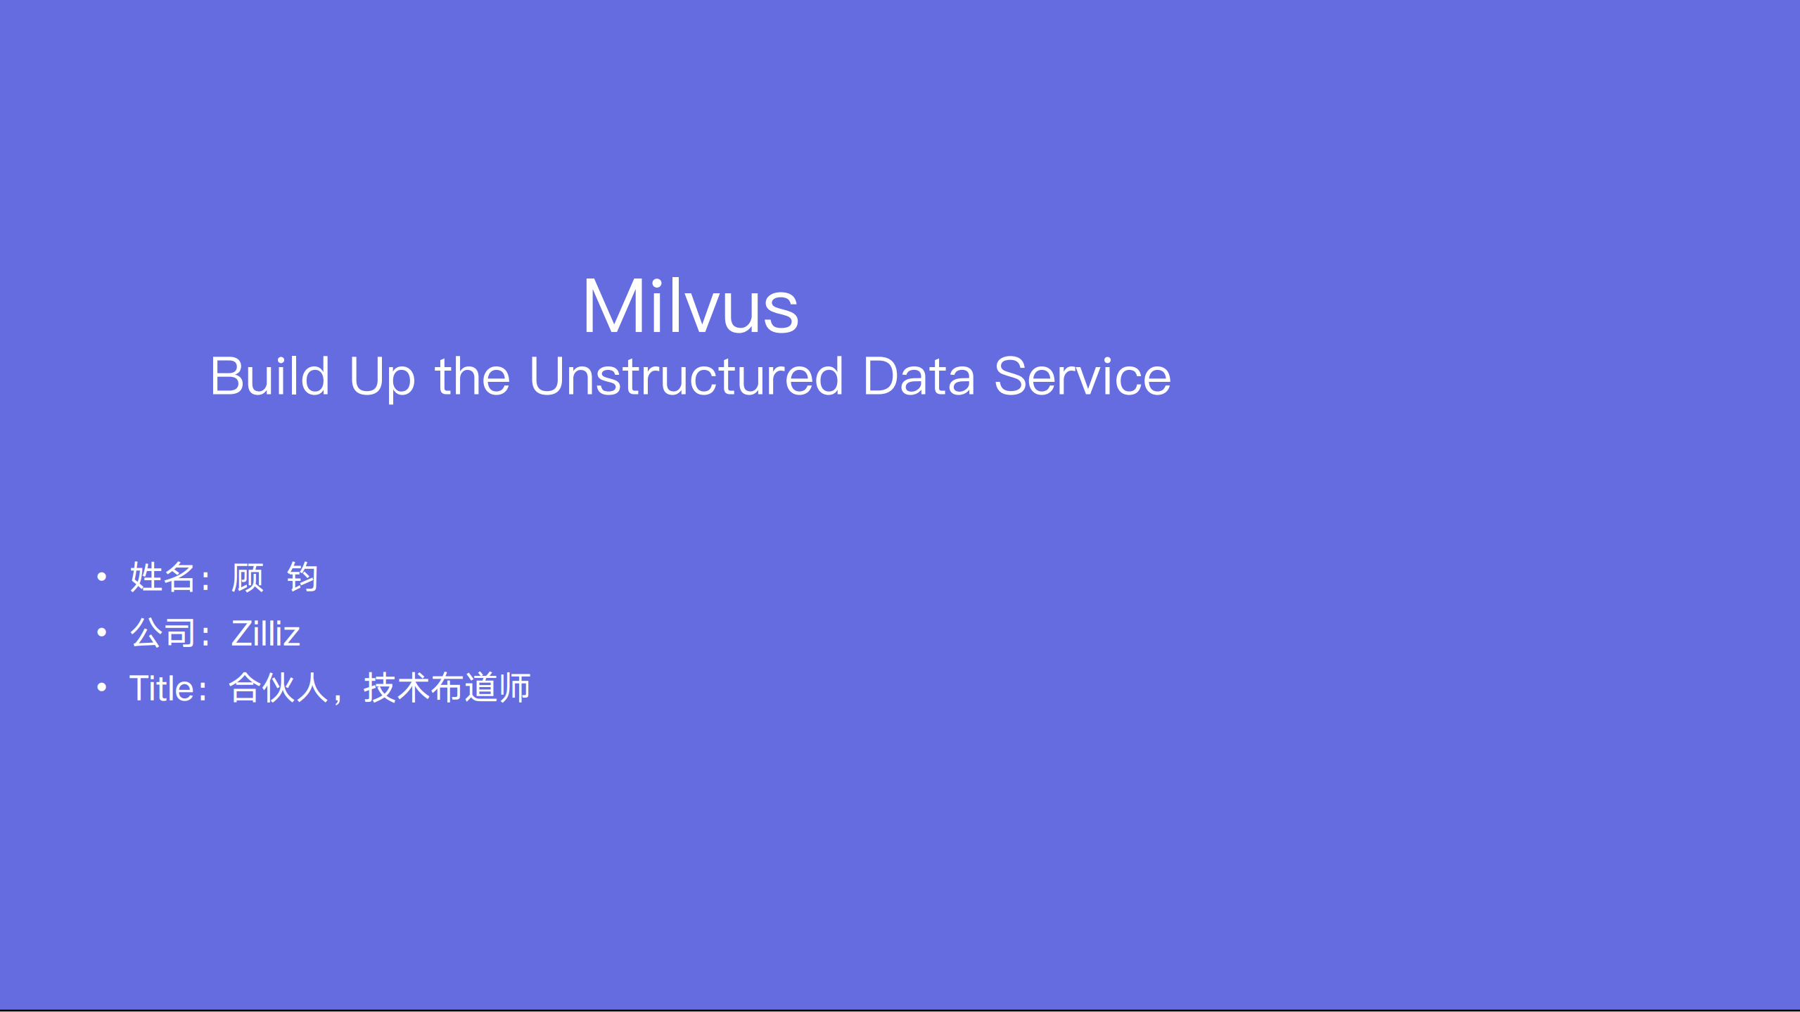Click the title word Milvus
pyautogui.click(x=691, y=307)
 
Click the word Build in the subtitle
pyautogui.click(x=270, y=377)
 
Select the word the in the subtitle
pyautogui.click(x=472, y=377)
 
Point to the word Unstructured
pyautogui.click(x=686, y=377)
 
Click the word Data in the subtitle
pyautogui.click(x=919, y=377)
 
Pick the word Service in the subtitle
pyautogui.click(x=1083, y=377)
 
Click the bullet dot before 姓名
pyautogui.click(x=102, y=577)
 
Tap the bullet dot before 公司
pyautogui.click(x=102, y=633)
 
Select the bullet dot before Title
pyautogui.click(x=102, y=687)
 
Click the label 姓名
pyautogui.click(x=162, y=577)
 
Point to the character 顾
pyautogui.click(x=248, y=578)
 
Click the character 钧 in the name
pyautogui.click(x=303, y=578)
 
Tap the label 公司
pyautogui.click(x=162, y=633)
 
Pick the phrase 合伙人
pyautogui.click(x=279, y=688)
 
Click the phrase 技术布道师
pyautogui.click(x=447, y=688)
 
